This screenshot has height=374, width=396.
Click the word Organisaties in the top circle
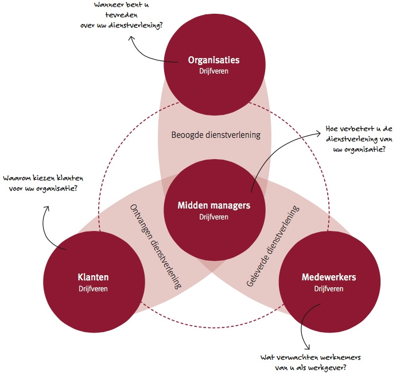pyautogui.click(x=214, y=60)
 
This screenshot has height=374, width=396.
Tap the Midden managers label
pyautogui.click(x=214, y=206)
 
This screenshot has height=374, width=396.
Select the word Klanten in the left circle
pyautogui.click(x=93, y=277)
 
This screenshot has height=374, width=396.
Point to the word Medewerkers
pyautogui.click(x=329, y=277)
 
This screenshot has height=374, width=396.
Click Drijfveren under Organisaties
pyautogui.click(x=214, y=71)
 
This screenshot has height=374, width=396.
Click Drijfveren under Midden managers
pyautogui.click(x=214, y=217)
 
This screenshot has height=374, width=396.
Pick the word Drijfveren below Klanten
pyautogui.click(x=93, y=288)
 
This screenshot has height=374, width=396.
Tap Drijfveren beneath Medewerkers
pyautogui.click(x=329, y=288)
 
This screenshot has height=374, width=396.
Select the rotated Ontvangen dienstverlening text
pyautogui.click(x=156, y=245)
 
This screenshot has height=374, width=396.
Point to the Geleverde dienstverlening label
pyautogui.click(x=273, y=245)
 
